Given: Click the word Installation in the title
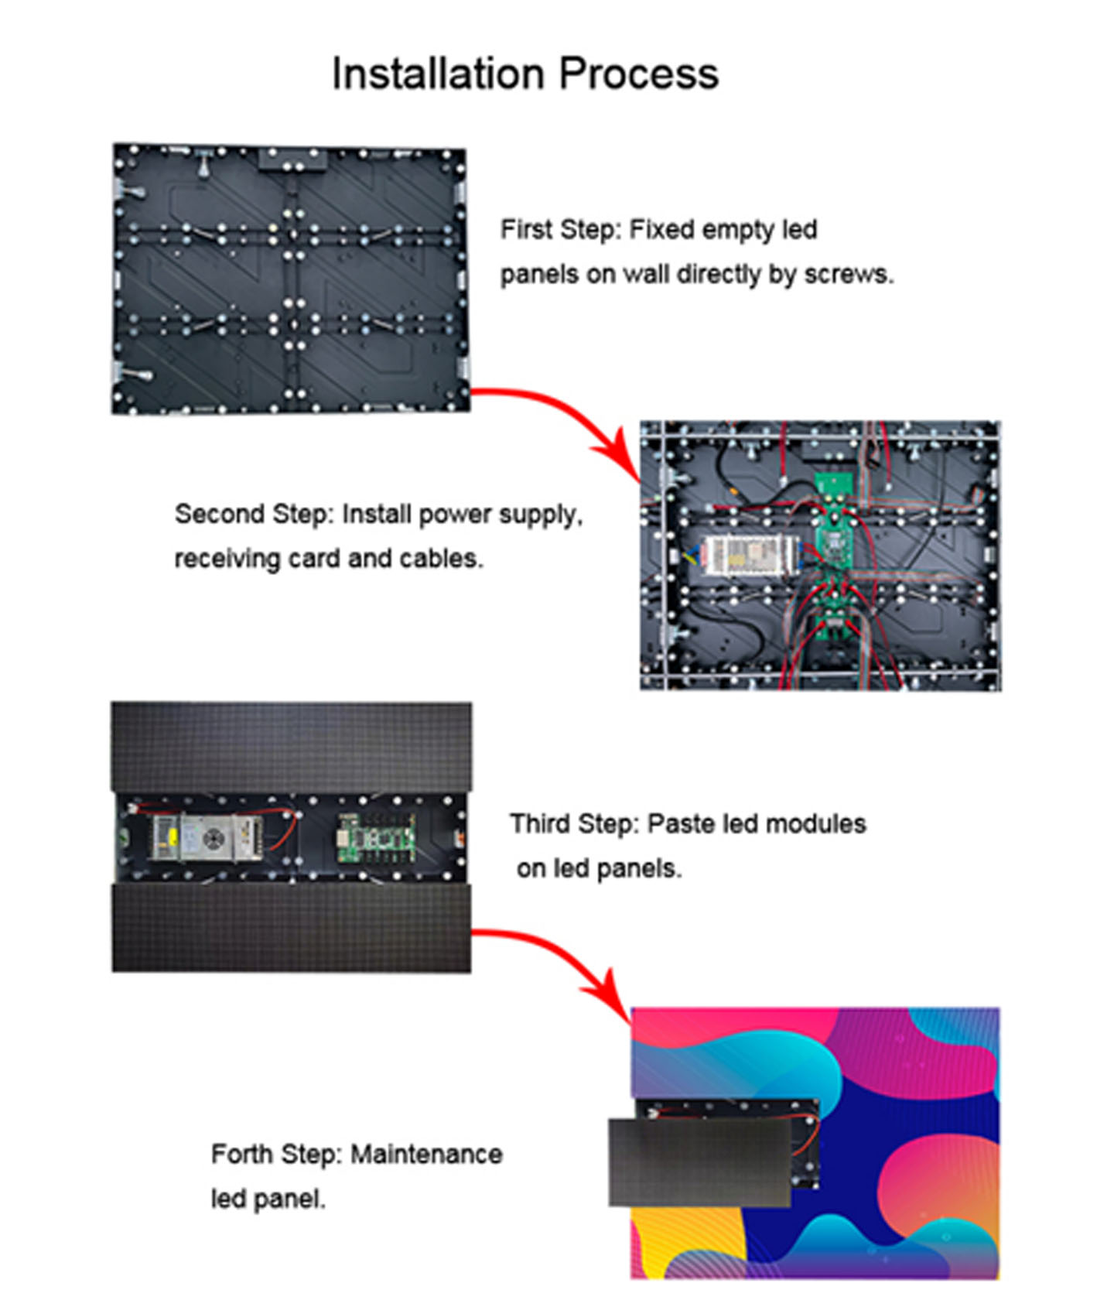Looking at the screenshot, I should tap(438, 74).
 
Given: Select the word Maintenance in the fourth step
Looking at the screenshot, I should tap(426, 1155).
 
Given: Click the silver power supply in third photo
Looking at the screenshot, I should tap(207, 838).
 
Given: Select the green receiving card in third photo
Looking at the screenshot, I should tap(376, 838).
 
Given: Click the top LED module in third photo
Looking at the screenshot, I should tap(291, 747).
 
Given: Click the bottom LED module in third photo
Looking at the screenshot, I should tap(291, 929).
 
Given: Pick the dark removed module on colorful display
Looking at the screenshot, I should tap(700, 1162).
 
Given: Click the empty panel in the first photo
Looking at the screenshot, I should tap(291, 279).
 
